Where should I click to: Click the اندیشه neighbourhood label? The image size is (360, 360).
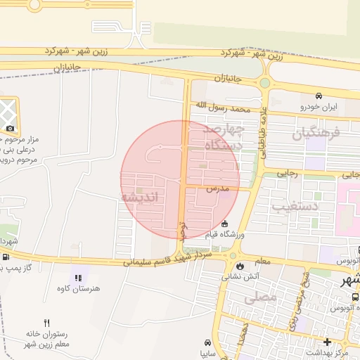click(142, 198)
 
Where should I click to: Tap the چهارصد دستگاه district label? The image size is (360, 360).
click(224, 138)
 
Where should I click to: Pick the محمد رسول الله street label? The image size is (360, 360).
click(223, 109)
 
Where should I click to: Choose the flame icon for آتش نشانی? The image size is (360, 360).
click(241, 266)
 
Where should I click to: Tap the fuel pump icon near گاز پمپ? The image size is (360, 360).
click(6, 257)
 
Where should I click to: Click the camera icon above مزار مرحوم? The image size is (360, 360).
click(10, 128)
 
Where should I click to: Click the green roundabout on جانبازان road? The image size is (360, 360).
click(264, 83)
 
